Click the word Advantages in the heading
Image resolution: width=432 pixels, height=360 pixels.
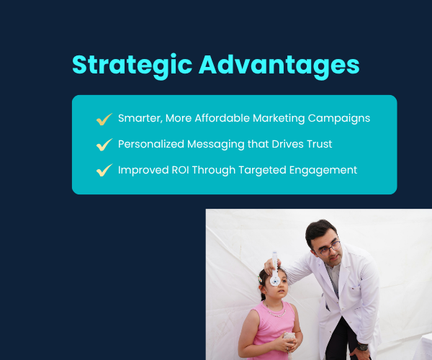pos(279,64)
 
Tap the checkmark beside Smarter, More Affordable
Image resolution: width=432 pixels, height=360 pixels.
pos(104,118)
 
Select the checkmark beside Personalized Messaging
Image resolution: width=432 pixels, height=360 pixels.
pos(104,144)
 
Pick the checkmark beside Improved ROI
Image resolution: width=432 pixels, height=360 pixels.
pos(104,170)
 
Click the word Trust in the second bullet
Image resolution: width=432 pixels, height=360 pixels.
pos(318,144)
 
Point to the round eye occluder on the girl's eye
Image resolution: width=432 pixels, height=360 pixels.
pos(274,279)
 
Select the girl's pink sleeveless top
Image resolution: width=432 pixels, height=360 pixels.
pos(268,331)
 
